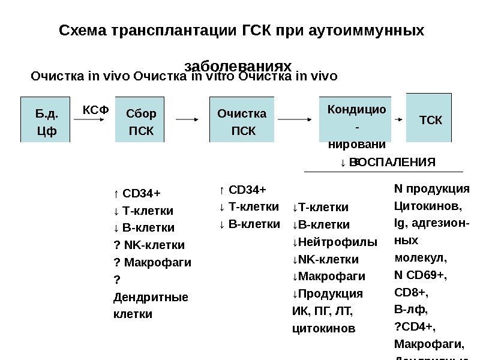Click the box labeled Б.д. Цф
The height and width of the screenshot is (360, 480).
click(x=45, y=119)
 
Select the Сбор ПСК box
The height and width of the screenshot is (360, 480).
click(x=139, y=119)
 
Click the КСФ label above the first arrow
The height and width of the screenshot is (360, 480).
click(x=95, y=110)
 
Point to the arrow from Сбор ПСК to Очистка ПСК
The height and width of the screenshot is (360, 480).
click(x=188, y=119)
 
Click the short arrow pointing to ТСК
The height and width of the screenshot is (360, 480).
click(x=398, y=120)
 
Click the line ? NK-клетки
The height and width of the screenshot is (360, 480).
click(x=149, y=245)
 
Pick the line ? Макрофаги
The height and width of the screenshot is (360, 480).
click(x=152, y=262)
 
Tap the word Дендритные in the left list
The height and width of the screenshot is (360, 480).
click(x=150, y=296)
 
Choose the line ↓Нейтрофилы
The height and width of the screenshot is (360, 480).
click(x=334, y=242)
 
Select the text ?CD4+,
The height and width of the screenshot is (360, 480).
click(x=415, y=327)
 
